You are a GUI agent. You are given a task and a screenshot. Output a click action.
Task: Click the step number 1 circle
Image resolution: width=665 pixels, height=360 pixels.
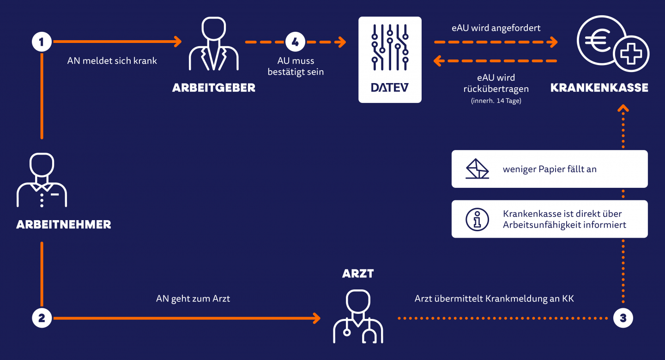pos(42,42)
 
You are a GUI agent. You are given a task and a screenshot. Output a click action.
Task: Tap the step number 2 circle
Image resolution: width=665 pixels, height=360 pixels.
pos(42,318)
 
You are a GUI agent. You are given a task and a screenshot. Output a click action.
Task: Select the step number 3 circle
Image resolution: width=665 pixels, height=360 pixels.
pos(623,318)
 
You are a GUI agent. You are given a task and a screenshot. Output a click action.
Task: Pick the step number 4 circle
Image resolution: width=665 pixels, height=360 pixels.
pos(296,42)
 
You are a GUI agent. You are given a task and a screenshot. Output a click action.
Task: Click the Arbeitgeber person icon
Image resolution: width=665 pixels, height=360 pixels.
pos(214,45)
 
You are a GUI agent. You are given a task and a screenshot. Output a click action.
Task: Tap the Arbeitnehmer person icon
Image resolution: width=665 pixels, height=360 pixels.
pos(42,180)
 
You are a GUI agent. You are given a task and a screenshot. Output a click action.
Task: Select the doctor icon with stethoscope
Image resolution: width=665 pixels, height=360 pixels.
pos(358,316)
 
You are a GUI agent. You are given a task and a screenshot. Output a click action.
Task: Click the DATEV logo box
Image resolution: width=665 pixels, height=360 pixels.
pos(390,60)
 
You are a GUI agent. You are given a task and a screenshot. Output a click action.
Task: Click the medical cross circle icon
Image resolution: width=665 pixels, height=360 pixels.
pos(631,54)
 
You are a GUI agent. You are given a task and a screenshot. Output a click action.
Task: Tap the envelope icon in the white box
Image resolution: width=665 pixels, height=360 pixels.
pos(477,169)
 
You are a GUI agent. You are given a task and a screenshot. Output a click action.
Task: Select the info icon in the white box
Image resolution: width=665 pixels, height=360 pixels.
pos(477,219)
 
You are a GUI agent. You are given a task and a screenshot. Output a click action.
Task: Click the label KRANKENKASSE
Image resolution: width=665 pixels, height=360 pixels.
pos(599,88)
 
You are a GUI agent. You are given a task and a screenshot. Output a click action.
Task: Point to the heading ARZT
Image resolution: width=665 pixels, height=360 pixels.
pos(358,274)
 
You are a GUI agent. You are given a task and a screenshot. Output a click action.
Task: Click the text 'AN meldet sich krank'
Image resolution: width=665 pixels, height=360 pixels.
pos(112,60)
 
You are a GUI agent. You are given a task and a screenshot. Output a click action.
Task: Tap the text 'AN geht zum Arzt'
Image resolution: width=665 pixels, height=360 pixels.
pos(193,299)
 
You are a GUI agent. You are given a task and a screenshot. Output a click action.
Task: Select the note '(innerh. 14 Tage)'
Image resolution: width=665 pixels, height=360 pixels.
pos(496,101)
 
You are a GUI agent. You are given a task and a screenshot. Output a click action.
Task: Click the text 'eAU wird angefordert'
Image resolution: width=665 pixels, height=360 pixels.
pos(496,28)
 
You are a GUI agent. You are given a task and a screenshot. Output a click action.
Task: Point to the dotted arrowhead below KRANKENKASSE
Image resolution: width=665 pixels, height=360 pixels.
pos(623,108)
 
